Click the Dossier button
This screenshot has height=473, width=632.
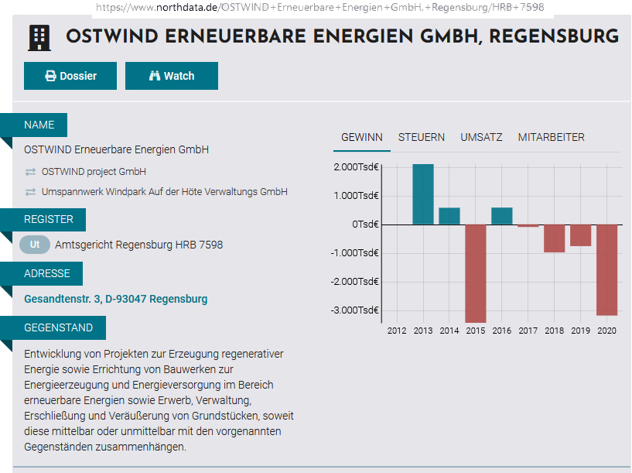pos(70,76)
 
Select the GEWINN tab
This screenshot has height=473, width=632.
pos(362,137)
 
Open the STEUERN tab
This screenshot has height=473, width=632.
pos(422,137)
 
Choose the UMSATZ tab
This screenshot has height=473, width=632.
pos(481,137)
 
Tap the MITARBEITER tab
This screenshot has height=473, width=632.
pos(551,137)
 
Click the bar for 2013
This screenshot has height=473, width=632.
pos(423,194)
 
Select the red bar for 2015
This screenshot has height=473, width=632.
pos(476,272)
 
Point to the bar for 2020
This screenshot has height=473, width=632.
pos(606,269)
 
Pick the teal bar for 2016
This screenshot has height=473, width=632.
pos(502,216)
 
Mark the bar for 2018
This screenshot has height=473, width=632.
pos(554,238)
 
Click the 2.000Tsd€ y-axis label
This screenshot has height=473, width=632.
pos(357,166)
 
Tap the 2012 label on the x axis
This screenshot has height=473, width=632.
pos(397,331)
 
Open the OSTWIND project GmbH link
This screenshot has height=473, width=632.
pos(94,171)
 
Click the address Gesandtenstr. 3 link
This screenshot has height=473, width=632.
pos(116,299)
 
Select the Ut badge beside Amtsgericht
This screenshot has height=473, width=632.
pos(35,245)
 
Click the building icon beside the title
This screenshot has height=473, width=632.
pos(39,37)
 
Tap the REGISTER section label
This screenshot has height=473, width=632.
pos(49,220)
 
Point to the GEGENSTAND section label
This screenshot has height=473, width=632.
pos(59,328)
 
